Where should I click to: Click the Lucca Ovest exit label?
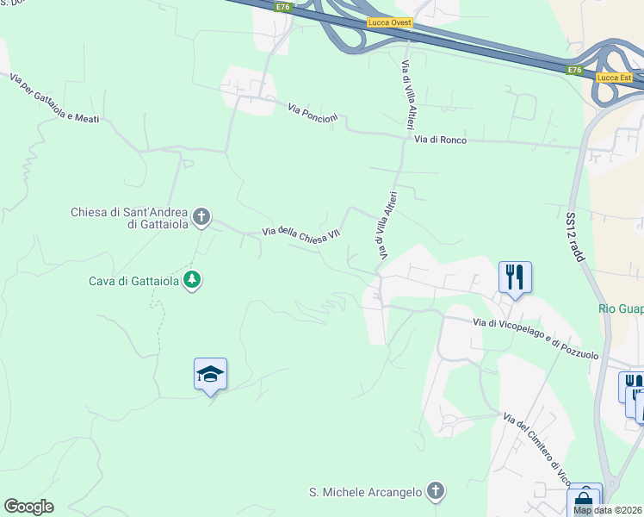390,23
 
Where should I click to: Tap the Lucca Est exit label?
614,78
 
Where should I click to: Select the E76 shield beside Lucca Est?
575,70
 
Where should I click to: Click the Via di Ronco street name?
440,139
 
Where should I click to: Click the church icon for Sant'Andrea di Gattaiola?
201,216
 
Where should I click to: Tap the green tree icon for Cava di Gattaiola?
192,280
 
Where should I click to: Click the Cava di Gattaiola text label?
133,281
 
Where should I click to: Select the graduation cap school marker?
210,374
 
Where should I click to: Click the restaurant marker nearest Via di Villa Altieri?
515,277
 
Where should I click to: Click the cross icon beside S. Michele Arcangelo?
436,492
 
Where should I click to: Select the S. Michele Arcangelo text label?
366,493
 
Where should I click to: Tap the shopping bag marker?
584,499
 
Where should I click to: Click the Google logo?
28,507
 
